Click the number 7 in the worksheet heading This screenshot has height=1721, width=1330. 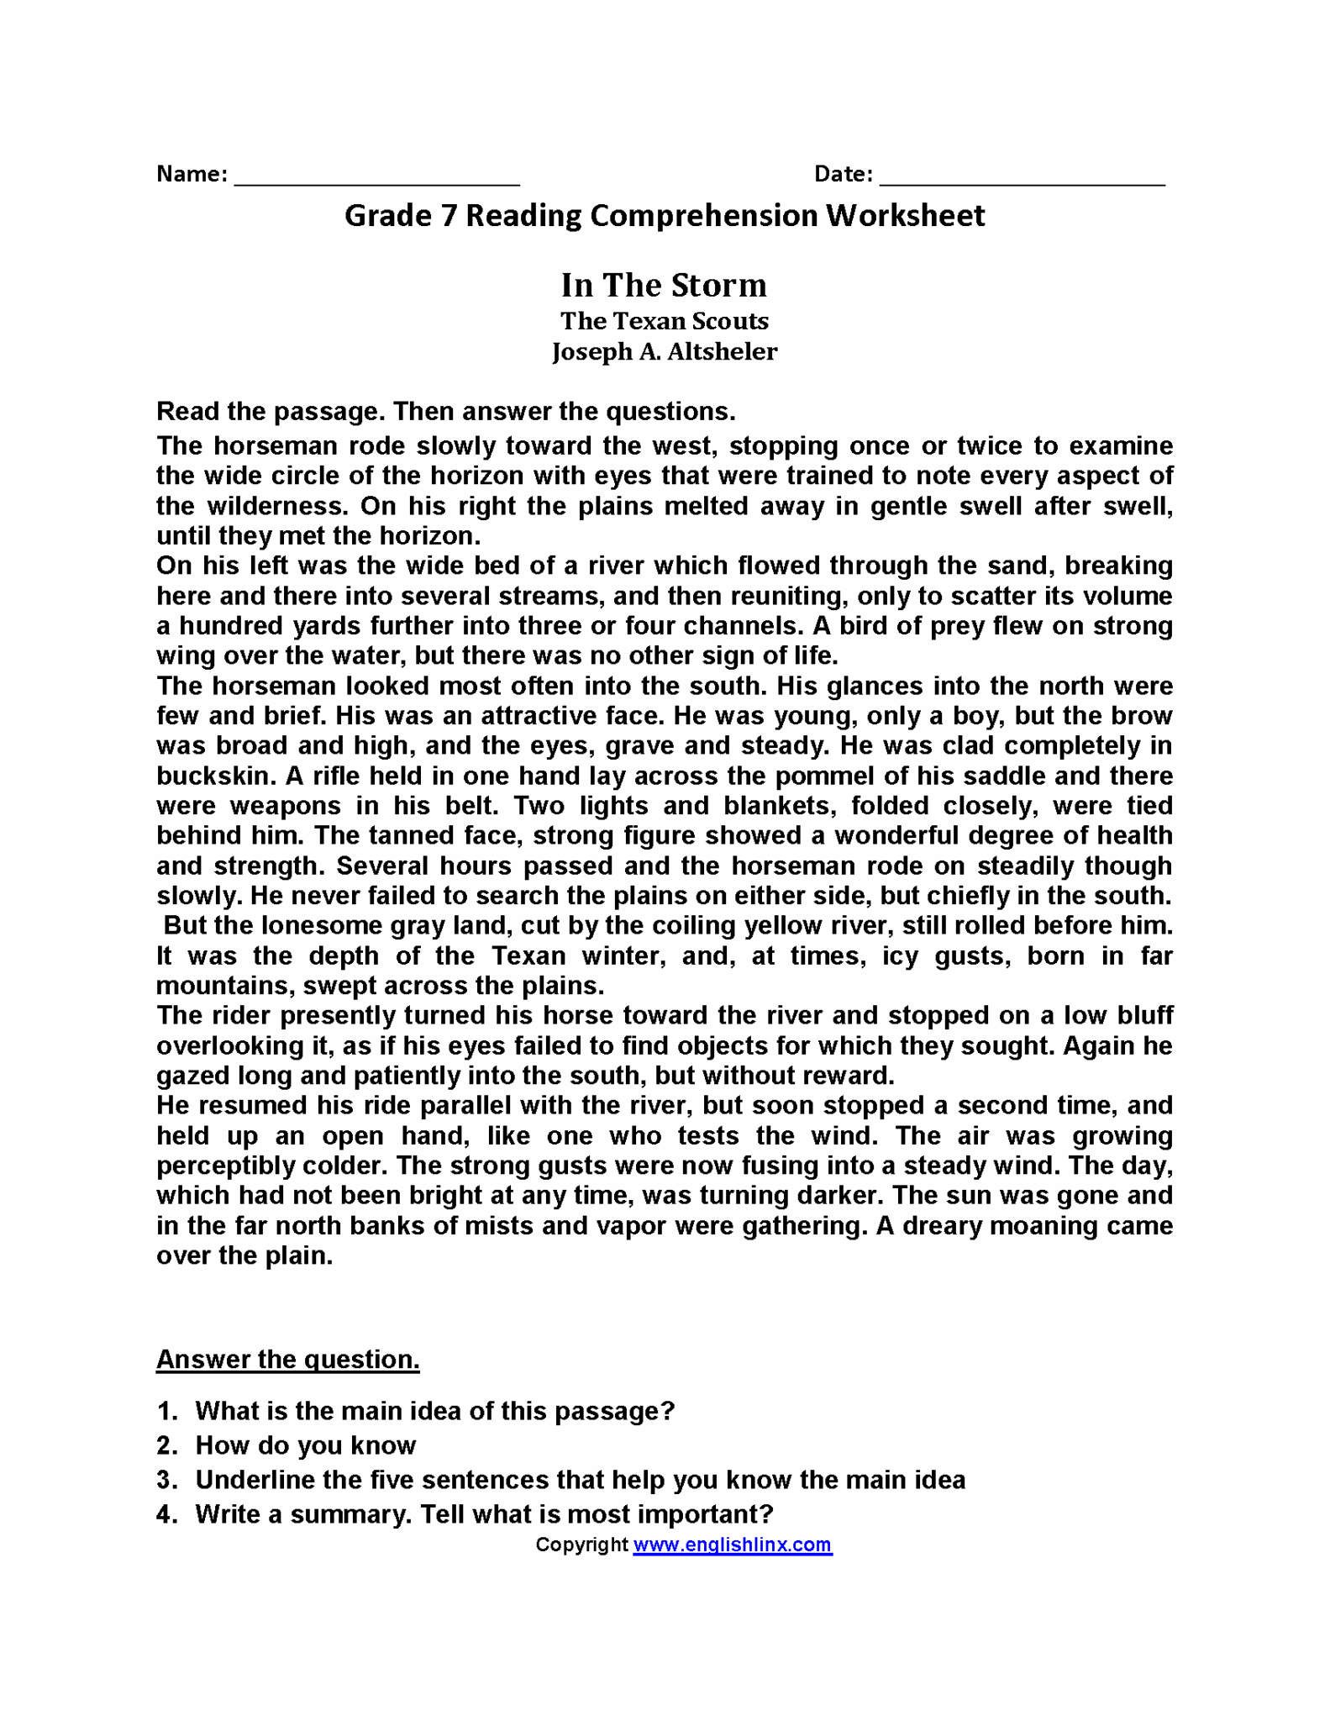coord(448,216)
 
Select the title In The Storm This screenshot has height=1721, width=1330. coord(664,285)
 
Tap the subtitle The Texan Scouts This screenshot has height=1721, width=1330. coord(664,321)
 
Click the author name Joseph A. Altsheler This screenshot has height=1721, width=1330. coord(664,351)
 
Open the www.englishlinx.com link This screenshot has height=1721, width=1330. coord(732,1545)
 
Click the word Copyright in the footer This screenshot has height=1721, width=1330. coord(581,1545)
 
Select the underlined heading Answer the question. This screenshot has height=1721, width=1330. coord(287,1359)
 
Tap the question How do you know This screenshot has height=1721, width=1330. coord(305,1445)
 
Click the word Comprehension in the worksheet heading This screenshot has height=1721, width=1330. coord(703,216)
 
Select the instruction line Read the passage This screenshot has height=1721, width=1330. coord(445,411)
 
